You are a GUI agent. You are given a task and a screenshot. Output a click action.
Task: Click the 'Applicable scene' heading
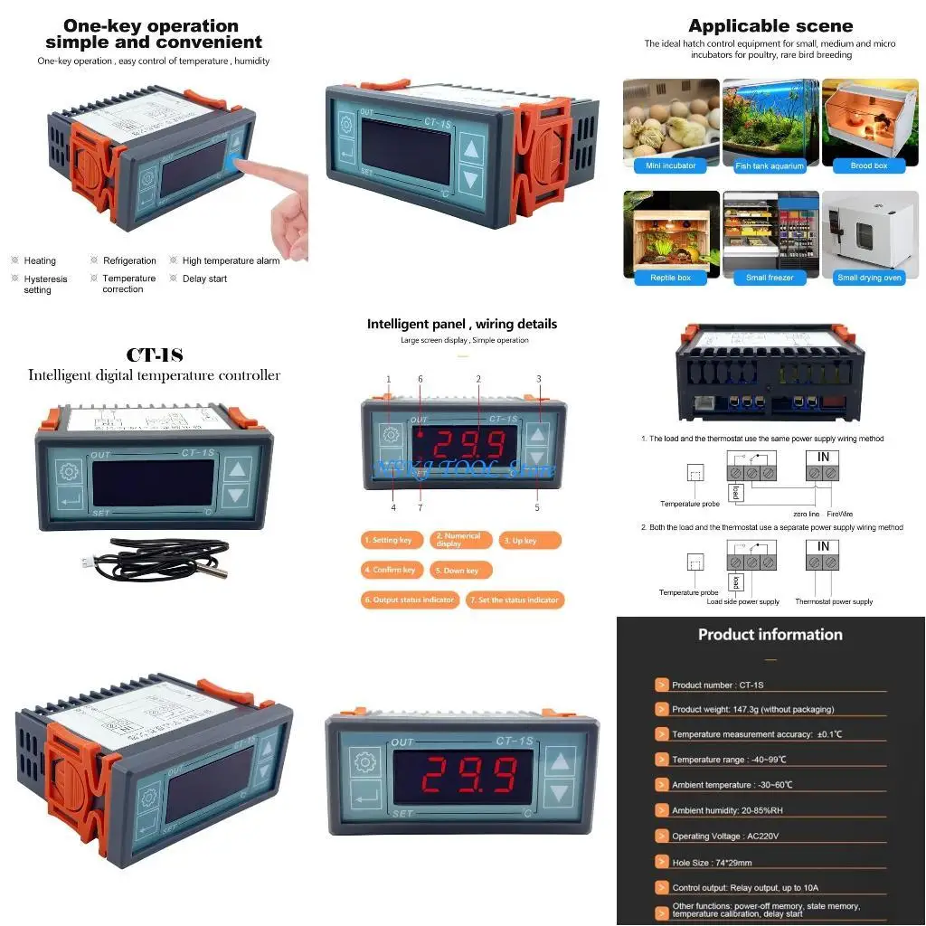(770, 25)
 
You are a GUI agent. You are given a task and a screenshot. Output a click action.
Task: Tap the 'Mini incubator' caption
(671, 165)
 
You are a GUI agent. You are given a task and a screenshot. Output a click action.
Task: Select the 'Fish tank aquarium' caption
(770, 165)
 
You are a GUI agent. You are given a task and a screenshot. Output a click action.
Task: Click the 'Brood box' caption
(869, 165)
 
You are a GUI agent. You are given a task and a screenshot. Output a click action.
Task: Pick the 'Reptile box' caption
(671, 278)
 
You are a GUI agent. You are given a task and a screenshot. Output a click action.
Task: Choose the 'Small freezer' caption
(770, 278)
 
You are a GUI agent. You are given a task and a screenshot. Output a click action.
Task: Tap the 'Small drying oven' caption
(869, 278)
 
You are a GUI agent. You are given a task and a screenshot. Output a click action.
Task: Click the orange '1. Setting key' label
(388, 540)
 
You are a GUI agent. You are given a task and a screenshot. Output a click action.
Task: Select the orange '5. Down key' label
(461, 571)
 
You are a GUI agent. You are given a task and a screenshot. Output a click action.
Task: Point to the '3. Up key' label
(530, 540)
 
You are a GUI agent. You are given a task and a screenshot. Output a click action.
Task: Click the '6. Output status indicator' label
(410, 600)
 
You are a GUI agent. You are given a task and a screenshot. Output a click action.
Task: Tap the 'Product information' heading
(770, 635)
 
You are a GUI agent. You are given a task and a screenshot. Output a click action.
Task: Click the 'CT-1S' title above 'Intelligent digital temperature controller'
(154, 355)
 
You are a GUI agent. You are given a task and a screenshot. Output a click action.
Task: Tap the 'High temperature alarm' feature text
(231, 260)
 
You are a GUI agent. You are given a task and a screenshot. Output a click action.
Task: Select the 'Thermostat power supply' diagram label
(834, 601)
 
